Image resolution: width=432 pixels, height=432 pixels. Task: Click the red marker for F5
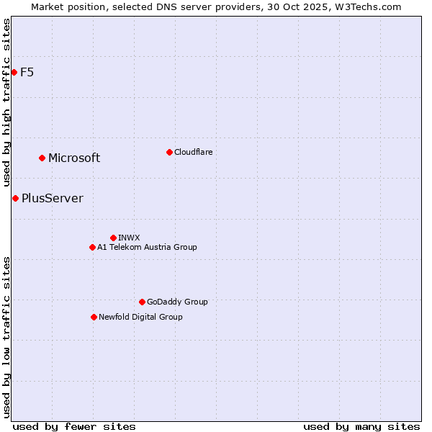[14, 72]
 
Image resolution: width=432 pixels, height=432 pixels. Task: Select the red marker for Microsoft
[42, 158]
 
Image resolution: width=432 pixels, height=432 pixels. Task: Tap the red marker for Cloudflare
[169, 152]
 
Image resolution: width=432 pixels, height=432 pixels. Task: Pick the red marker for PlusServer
[15, 198]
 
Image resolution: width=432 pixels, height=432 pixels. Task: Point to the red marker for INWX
[113, 238]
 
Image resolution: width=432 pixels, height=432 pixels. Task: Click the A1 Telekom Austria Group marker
[92, 247]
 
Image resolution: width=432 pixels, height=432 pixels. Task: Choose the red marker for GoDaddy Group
[142, 302]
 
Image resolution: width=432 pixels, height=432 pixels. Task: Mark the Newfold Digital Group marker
[94, 317]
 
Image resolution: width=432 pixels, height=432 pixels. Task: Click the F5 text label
[27, 72]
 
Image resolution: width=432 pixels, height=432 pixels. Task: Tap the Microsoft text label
[74, 158]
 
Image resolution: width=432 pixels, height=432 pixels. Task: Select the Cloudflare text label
[193, 152]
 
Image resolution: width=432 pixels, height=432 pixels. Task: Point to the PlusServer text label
[53, 198]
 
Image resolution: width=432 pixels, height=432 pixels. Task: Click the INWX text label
[129, 238]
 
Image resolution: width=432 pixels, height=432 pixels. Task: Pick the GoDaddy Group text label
[177, 302]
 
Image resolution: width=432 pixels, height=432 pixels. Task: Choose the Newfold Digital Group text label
[140, 317]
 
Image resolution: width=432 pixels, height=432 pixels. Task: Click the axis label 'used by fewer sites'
[74, 426]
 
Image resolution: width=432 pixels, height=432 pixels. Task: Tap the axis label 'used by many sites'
[361, 426]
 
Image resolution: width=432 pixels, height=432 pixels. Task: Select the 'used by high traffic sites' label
[6, 102]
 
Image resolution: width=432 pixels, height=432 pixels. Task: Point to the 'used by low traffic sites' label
[6, 336]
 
